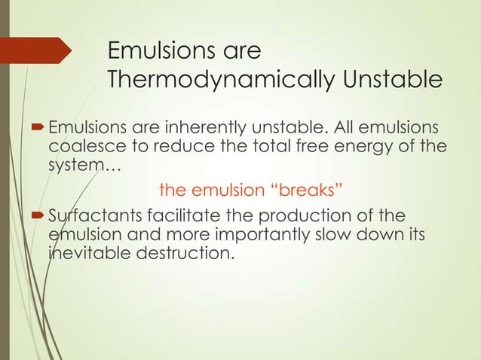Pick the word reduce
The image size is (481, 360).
173,145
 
